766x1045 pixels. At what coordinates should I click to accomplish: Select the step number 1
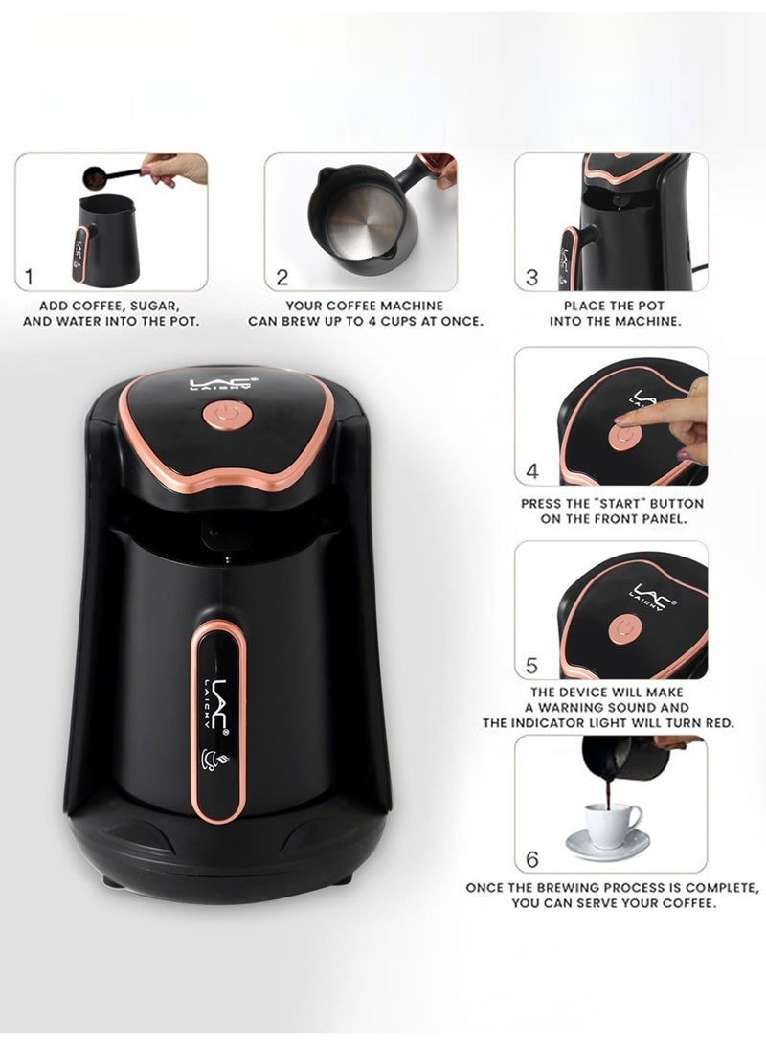click(x=29, y=278)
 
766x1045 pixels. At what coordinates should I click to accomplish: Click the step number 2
click(x=282, y=278)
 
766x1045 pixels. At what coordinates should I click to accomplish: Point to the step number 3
click(x=532, y=278)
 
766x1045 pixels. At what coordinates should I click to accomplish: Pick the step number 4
click(x=532, y=472)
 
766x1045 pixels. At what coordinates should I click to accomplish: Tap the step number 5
click(x=532, y=665)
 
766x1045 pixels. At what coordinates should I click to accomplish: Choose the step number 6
click(x=533, y=857)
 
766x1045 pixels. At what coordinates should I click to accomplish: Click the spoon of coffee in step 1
click(x=96, y=178)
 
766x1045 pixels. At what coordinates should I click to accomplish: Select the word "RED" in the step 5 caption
click(x=718, y=723)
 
